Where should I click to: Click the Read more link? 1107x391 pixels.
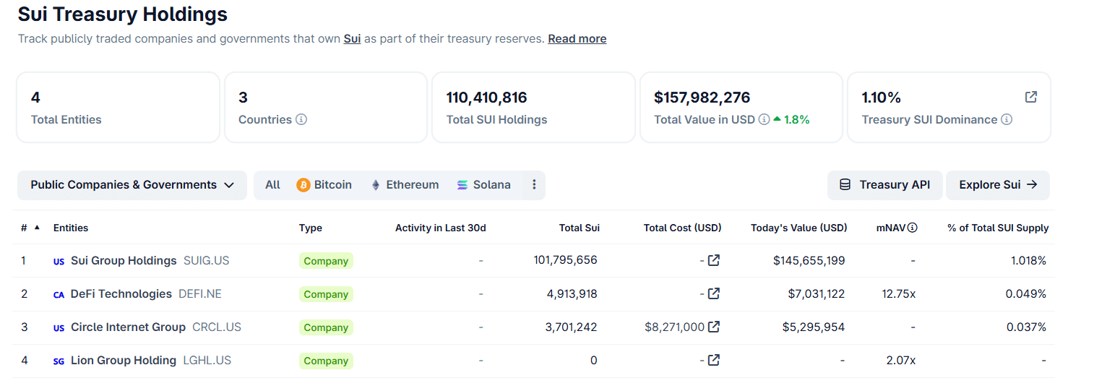(x=577, y=39)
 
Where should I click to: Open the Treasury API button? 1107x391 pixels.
(x=884, y=185)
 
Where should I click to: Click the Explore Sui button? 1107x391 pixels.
(x=997, y=185)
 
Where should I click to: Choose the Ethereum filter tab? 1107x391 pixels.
(x=405, y=185)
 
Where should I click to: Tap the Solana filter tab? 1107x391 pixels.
(x=483, y=185)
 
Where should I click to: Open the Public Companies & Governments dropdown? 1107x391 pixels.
(x=132, y=185)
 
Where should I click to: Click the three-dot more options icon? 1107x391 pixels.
(x=534, y=185)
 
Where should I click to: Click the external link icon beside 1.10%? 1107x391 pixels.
(x=1031, y=97)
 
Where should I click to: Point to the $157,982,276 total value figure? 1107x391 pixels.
(x=702, y=98)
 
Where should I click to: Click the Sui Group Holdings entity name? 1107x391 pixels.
(x=124, y=261)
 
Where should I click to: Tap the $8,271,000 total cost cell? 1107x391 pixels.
(x=674, y=327)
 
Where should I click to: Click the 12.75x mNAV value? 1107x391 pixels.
(x=899, y=294)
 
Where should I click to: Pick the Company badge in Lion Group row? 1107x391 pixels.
(x=326, y=361)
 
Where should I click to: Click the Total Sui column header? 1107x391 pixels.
(x=579, y=228)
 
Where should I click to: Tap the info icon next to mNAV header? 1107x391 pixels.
(x=912, y=228)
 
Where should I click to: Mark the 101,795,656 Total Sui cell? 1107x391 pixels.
(x=565, y=260)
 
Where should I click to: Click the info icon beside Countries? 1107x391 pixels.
(x=301, y=120)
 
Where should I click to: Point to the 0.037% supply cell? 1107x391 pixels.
(x=1026, y=327)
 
